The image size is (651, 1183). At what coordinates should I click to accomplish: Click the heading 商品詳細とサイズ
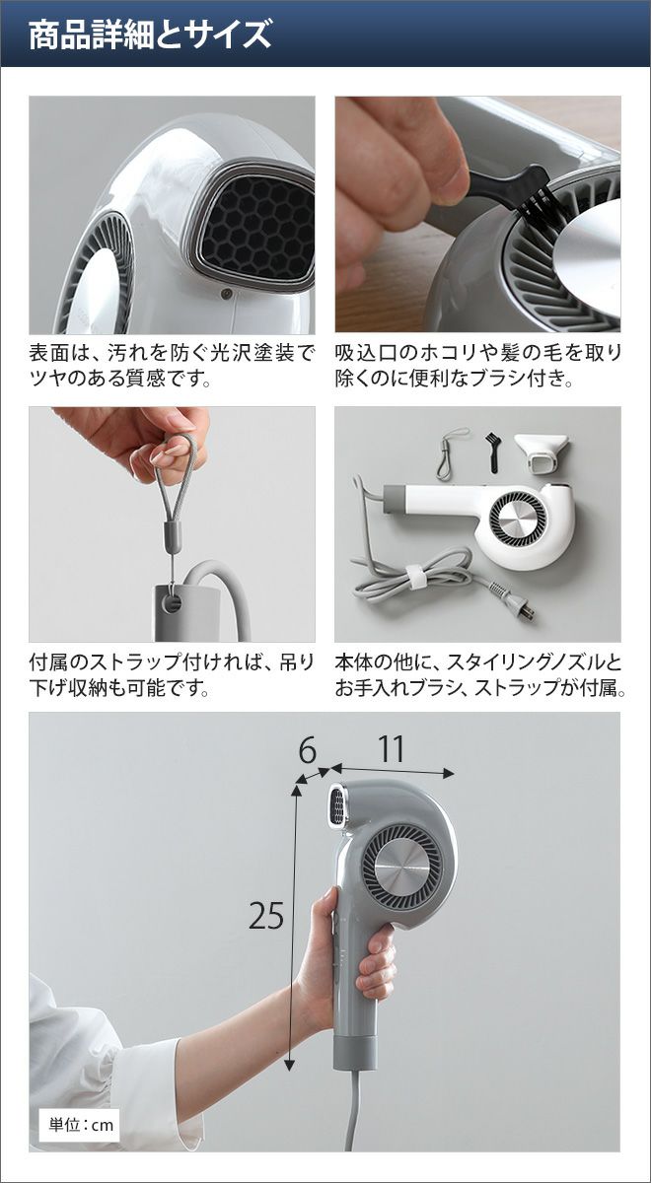(x=150, y=35)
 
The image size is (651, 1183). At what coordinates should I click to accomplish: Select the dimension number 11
(x=391, y=748)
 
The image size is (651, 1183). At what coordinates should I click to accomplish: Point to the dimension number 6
(x=307, y=750)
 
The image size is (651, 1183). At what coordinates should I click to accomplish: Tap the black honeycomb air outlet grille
(x=258, y=226)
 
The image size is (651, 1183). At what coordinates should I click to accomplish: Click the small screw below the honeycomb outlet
(x=226, y=294)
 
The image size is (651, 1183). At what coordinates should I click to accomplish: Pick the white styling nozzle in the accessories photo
(x=542, y=451)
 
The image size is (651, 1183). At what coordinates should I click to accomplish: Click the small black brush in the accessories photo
(x=492, y=452)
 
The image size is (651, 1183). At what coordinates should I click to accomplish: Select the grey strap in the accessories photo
(x=452, y=453)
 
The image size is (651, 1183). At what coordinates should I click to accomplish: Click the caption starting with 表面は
(x=172, y=365)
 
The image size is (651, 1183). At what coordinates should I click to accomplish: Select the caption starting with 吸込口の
(x=478, y=365)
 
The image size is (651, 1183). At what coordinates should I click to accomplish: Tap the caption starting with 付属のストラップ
(x=172, y=674)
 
